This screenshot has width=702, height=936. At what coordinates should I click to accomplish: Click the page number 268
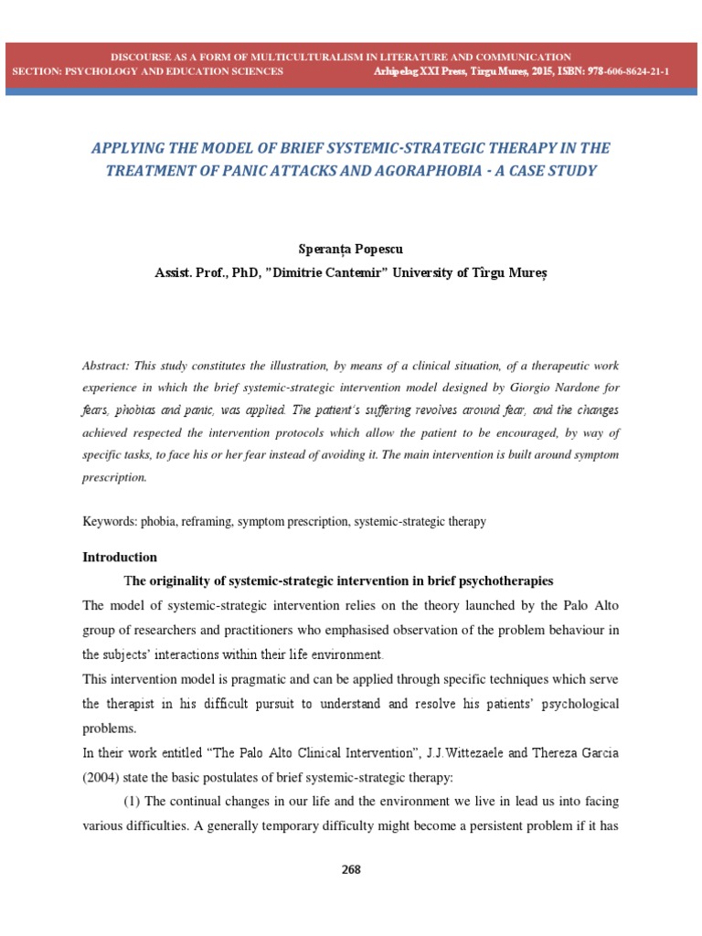(351, 869)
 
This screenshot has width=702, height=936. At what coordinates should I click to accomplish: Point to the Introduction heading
(120, 557)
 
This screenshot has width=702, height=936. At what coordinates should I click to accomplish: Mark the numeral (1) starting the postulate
(133, 801)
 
